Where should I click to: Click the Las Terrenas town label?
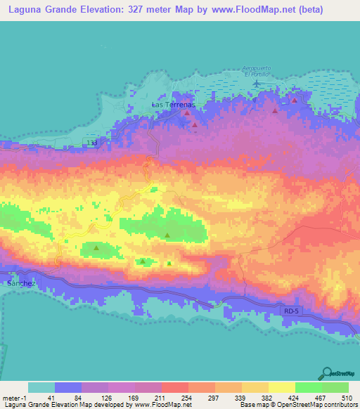click(x=172, y=104)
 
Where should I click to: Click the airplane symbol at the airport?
click(x=256, y=84)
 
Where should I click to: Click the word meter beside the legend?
click(x=12, y=397)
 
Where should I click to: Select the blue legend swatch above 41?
click(x=68, y=387)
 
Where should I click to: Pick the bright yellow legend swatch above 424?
click(x=281, y=387)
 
